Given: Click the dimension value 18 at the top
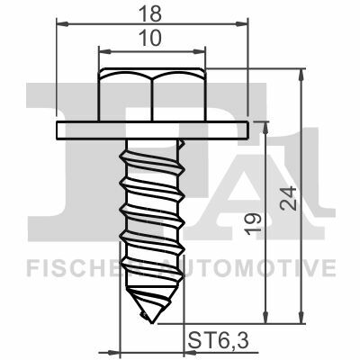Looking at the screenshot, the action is click(x=151, y=13).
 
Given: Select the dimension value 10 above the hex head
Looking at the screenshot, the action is click(x=151, y=39).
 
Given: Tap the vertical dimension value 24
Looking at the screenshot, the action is click(x=288, y=198).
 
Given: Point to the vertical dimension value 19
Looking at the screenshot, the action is click(x=252, y=224).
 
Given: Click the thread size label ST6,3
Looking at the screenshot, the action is click(x=219, y=340).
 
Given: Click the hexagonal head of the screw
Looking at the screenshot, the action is click(x=152, y=94).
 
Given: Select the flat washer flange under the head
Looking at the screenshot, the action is click(x=152, y=130).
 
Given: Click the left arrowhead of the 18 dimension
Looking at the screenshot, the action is click(x=62, y=24).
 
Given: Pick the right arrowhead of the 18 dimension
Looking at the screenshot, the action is click(x=242, y=24).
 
